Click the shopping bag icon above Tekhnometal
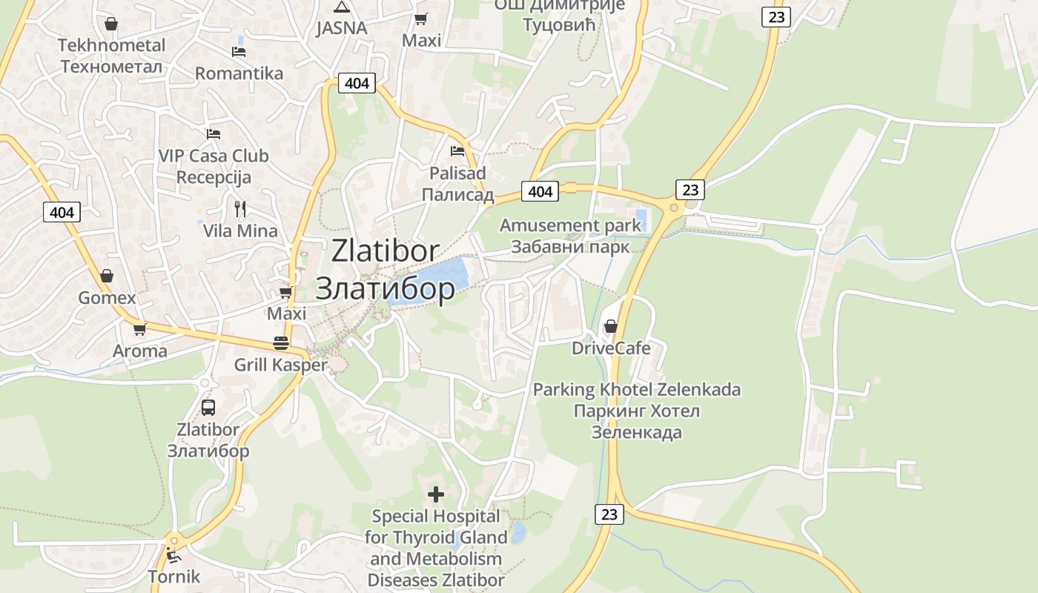tap(111, 24)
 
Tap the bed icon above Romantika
tap(239, 52)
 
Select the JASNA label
tap(341, 28)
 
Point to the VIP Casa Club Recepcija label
tap(214, 167)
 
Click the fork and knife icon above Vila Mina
tap(239, 208)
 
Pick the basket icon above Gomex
tap(107, 276)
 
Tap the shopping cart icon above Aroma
tap(139, 329)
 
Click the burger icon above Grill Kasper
tap(281, 343)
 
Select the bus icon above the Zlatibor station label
tap(208, 407)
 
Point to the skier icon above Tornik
tap(173, 554)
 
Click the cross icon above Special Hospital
tap(436, 494)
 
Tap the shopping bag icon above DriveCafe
tap(611, 326)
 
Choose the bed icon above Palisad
tap(457, 151)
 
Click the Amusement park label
tap(570, 225)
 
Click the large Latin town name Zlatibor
tap(386, 251)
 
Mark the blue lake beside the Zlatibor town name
tap(437, 280)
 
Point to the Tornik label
tap(174, 577)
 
